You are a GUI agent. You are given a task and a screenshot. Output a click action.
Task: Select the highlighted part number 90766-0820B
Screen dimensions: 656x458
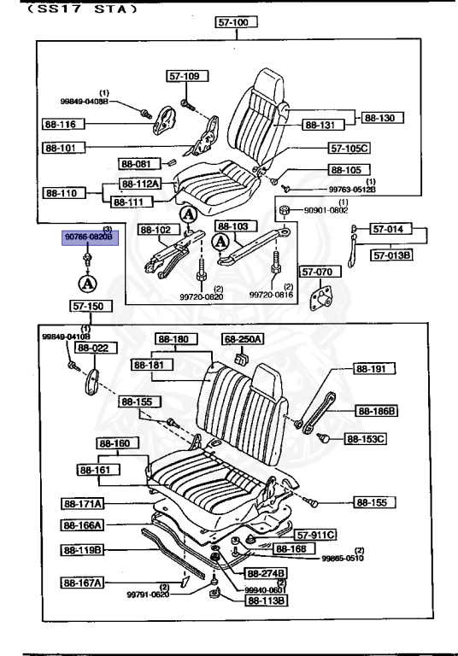point(89,236)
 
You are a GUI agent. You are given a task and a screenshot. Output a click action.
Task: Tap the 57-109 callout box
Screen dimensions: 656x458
point(183,77)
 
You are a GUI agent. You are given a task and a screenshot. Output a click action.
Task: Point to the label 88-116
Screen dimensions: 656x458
point(60,125)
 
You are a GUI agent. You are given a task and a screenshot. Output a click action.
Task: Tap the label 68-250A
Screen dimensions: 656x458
point(243,339)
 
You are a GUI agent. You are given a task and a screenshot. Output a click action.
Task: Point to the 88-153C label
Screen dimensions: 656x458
point(366,440)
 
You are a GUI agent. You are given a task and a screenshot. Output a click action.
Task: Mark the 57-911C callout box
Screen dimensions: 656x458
point(316,534)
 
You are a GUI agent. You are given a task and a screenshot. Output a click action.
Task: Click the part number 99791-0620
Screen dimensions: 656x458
point(149,594)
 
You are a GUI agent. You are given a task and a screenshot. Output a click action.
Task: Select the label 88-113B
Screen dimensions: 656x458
point(267,600)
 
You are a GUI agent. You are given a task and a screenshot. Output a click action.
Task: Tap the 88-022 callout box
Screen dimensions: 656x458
point(93,348)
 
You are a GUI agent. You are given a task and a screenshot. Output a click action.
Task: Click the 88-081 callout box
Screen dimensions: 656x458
point(135,163)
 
